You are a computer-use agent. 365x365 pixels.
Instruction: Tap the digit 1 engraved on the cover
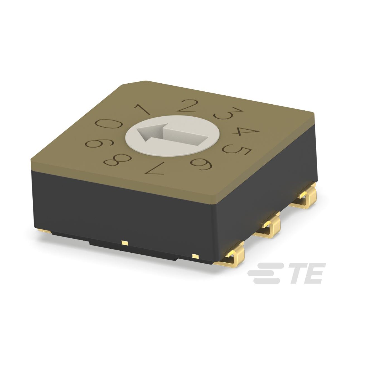(142, 110)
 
